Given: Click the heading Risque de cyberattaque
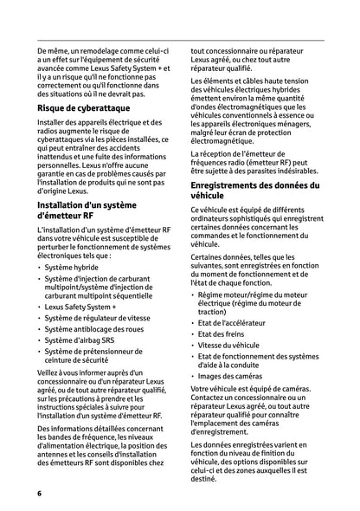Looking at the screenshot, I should (x=84, y=109).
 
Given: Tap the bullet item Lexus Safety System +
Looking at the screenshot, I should (x=80, y=307).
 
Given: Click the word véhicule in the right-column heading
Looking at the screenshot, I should (x=213, y=197).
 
